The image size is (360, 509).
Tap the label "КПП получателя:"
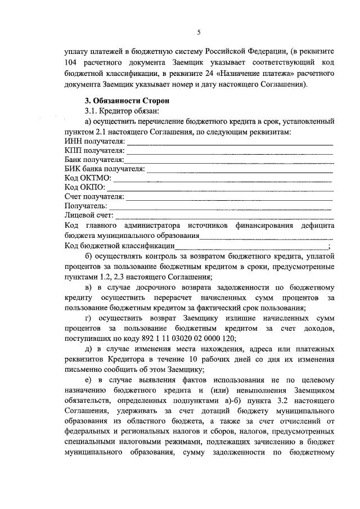tap(94, 150)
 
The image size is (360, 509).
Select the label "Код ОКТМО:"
tap(88, 178)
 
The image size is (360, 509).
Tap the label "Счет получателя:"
tap(94, 196)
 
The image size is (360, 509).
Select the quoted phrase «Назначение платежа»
tap(241, 74)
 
